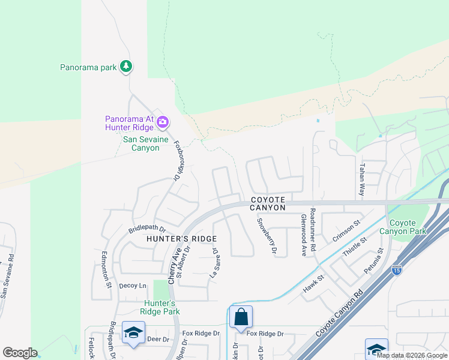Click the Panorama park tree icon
click(x=125, y=67)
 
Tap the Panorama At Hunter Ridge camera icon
click(x=163, y=123)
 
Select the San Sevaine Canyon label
click(x=142, y=143)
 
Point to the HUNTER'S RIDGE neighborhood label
click(x=181, y=238)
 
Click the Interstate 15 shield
click(x=396, y=271)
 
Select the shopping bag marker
click(x=241, y=317)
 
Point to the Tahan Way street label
click(x=362, y=179)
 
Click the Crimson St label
click(x=347, y=231)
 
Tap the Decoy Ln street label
click(x=133, y=286)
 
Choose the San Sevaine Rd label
click(x=7, y=276)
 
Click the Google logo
click(x=20, y=353)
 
